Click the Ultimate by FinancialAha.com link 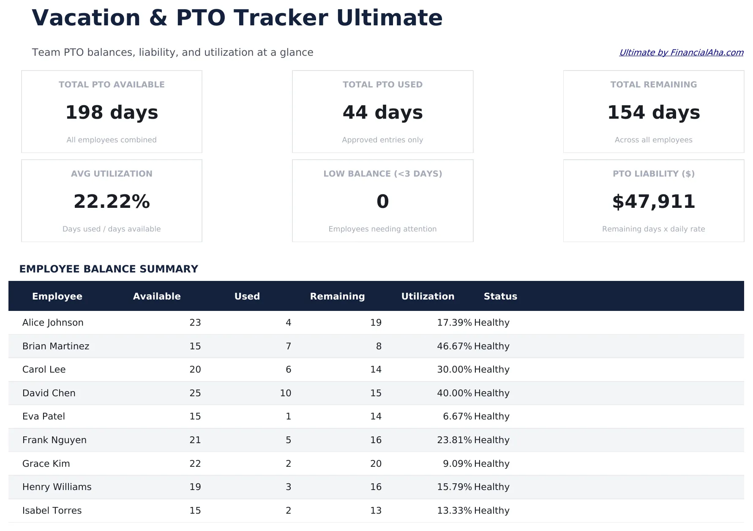click(x=681, y=52)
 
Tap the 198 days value click(x=112, y=112)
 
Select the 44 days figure click(x=382, y=112)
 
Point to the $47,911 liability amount click(x=653, y=202)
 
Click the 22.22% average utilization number click(x=112, y=202)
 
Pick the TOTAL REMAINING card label click(x=653, y=84)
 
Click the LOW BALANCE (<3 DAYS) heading click(x=382, y=174)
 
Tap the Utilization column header click(x=428, y=296)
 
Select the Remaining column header click(x=337, y=296)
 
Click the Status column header click(x=500, y=296)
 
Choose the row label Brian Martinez click(x=56, y=346)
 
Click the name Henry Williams click(x=57, y=487)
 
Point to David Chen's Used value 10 click(x=285, y=393)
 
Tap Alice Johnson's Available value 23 click(x=195, y=322)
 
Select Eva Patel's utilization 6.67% click(x=457, y=416)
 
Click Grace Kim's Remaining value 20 click(x=376, y=463)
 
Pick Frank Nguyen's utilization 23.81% click(x=454, y=440)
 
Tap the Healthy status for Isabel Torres click(x=491, y=510)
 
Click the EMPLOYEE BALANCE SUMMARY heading click(x=109, y=269)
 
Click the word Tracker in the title click(x=280, y=18)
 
